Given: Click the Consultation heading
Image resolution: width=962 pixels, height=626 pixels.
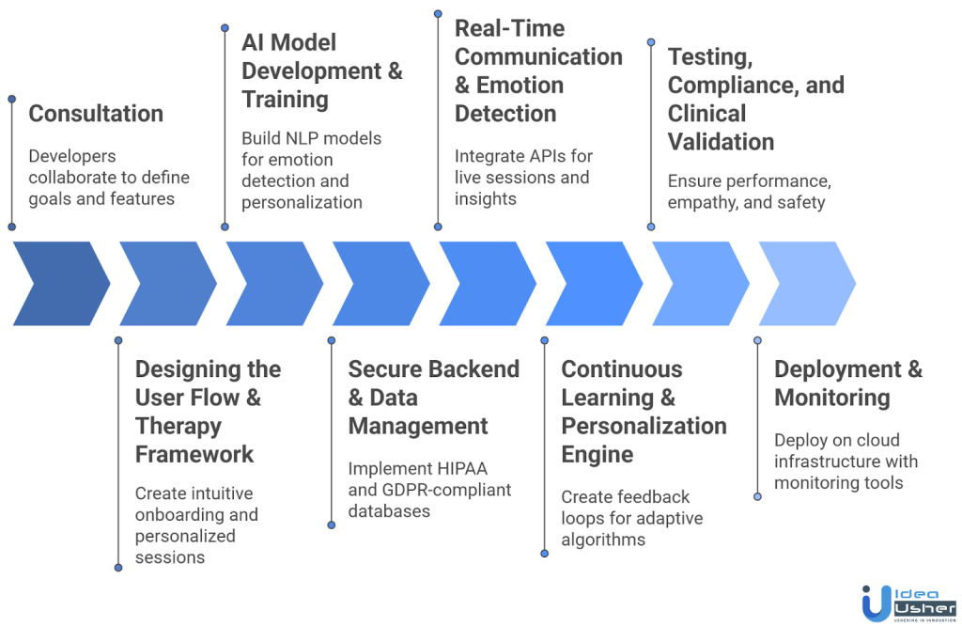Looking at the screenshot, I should [x=96, y=114].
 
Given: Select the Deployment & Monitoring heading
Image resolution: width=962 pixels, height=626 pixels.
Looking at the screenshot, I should [x=848, y=383].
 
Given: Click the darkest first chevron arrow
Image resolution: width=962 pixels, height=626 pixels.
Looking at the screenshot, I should [x=61, y=284].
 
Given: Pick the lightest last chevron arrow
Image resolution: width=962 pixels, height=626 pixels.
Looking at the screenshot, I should [x=807, y=284].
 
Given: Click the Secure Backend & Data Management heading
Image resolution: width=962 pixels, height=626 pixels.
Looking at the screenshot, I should [x=433, y=398].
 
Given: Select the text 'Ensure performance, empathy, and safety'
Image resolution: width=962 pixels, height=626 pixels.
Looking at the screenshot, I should [x=749, y=192].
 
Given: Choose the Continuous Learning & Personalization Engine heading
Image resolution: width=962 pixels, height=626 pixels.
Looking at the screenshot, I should [x=644, y=412].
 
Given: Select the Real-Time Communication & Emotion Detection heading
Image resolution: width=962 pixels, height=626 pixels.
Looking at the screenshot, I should [x=538, y=70].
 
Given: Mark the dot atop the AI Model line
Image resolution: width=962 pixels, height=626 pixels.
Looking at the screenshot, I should [x=224, y=28].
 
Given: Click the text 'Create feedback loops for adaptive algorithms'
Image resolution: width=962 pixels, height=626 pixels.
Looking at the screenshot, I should [x=631, y=518].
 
